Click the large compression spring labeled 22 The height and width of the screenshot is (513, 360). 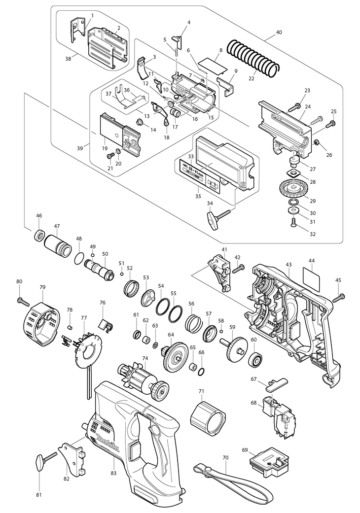pos(255,57)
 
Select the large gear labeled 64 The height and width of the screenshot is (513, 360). pos(176,355)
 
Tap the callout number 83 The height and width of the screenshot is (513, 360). pos(114,472)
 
